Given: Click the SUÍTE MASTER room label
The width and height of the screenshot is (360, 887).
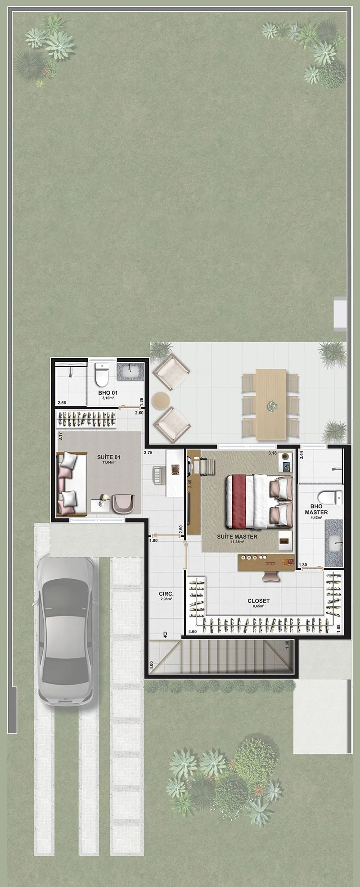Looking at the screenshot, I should tap(237, 536).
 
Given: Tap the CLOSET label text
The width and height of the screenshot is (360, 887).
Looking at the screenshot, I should tap(259, 601).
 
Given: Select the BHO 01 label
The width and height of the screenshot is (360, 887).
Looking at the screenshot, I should tap(108, 393).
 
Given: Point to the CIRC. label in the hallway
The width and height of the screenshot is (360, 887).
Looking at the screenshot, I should tap(166, 594).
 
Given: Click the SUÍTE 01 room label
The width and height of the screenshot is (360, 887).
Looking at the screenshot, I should tap(108, 457).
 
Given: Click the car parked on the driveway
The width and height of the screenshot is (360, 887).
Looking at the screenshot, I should tap(66, 630).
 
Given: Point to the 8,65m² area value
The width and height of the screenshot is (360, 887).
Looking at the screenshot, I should tap(259, 606).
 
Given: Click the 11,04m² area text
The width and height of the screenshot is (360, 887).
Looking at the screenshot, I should tap(108, 462).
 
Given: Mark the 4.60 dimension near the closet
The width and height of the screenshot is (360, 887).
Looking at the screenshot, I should tap(193, 632).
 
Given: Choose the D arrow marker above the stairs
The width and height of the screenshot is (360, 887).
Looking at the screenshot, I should tap(165, 635).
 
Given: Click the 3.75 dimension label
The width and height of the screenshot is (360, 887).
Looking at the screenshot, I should tap(148, 453).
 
